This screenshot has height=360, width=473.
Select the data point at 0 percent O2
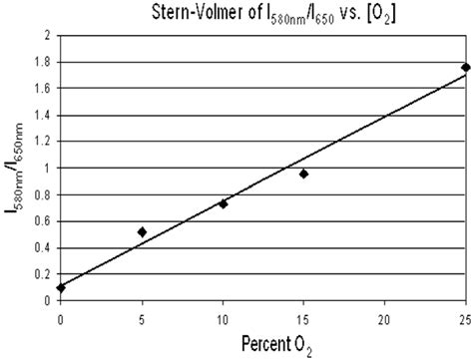tap(62, 287)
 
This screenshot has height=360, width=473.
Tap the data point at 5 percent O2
tap(142, 232)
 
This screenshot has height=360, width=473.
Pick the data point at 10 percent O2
tap(223, 204)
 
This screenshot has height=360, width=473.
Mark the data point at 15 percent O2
tap(303, 175)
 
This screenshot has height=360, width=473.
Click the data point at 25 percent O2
tap(465, 68)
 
